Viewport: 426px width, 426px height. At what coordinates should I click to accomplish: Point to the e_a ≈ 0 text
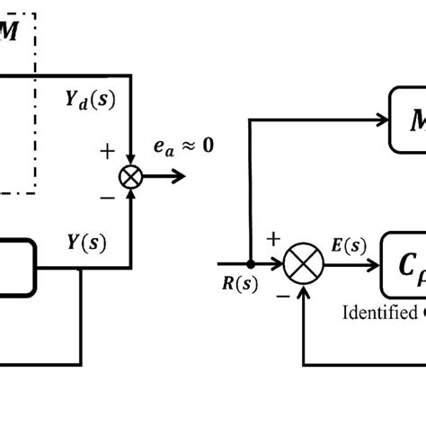coord(184,143)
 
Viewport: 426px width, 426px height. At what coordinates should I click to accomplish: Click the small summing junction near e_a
coord(131,177)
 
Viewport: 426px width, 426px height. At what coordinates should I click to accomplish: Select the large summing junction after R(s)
coord(303,265)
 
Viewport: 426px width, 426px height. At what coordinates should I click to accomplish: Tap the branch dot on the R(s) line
coord(250,265)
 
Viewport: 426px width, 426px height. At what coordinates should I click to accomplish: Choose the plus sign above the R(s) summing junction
coord(272,238)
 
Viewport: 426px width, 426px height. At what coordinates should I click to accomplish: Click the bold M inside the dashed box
coord(9,32)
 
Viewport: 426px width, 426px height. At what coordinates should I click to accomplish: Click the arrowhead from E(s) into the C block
coord(373,265)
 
